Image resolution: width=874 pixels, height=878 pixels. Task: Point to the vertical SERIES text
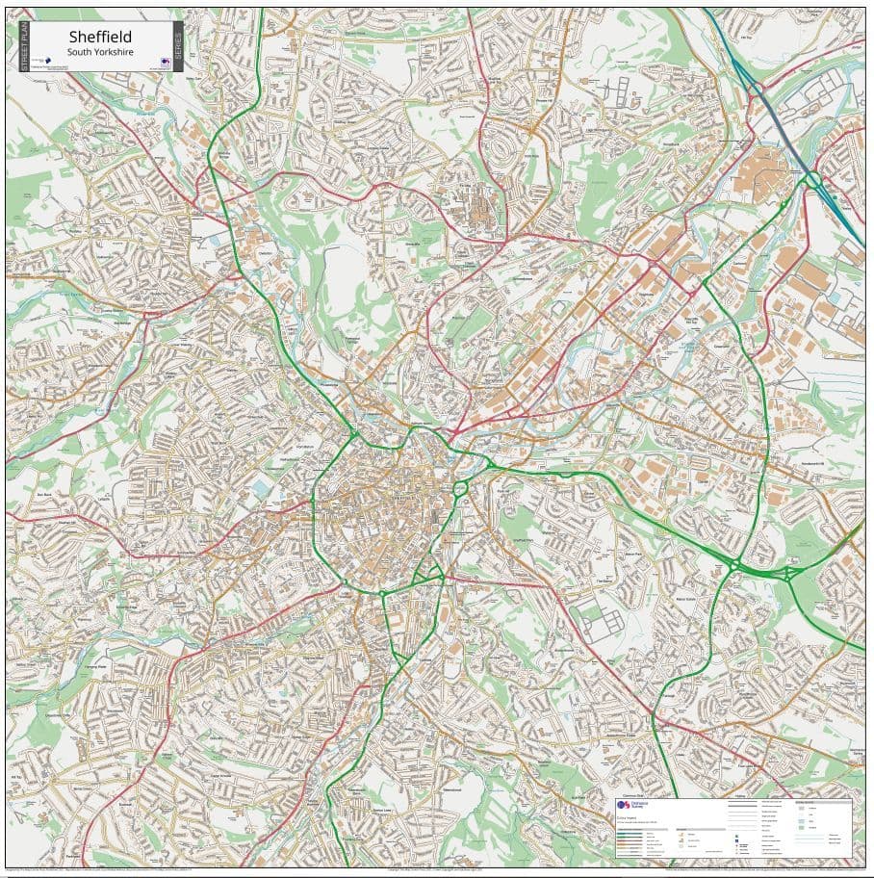177,45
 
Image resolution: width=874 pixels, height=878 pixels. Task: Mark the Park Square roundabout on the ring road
460,488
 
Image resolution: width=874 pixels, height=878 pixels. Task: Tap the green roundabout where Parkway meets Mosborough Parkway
733,565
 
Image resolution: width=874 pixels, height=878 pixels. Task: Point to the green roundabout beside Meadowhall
813,179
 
